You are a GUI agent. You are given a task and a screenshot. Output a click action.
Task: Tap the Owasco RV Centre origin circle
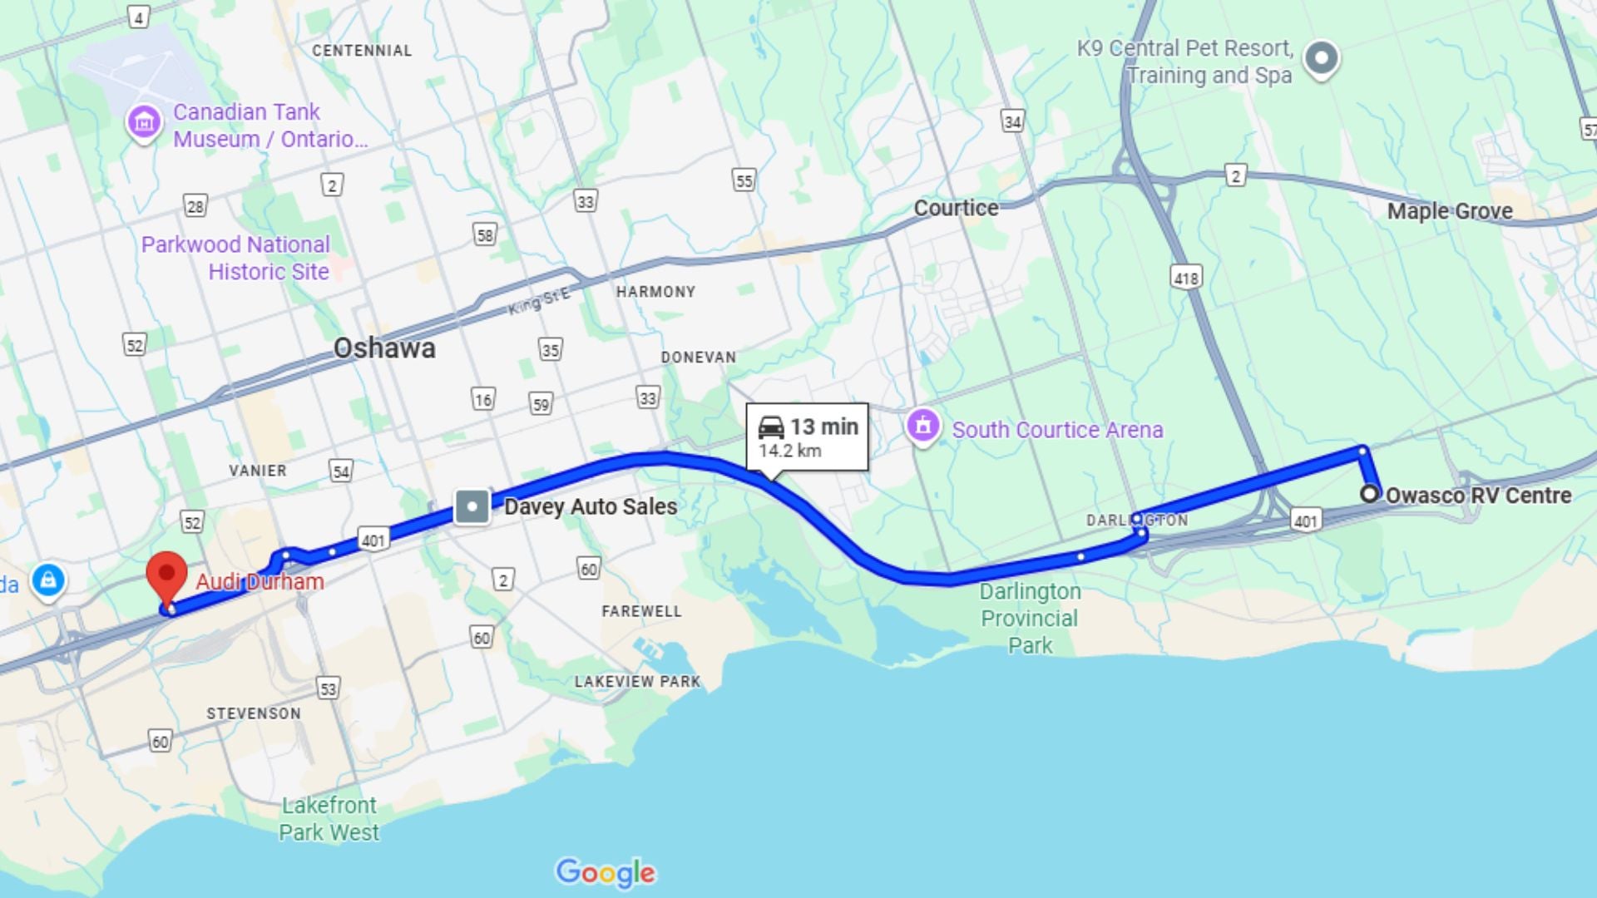click(x=1369, y=494)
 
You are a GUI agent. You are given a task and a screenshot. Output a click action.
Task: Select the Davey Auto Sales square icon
click(x=472, y=506)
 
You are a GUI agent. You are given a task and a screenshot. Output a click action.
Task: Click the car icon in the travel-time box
click(x=771, y=427)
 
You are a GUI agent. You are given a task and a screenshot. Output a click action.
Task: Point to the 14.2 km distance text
click(x=789, y=451)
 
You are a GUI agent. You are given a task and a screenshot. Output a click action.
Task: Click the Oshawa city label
click(x=384, y=348)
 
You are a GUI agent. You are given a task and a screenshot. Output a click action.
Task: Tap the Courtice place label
click(x=956, y=208)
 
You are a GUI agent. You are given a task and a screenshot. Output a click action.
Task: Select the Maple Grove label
click(x=1449, y=211)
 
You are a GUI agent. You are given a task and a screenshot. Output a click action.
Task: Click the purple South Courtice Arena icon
click(x=922, y=426)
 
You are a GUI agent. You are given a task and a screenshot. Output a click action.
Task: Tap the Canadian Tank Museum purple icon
click(x=143, y=122)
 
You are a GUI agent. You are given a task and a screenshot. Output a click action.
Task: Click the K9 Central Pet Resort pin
click(x=1321, y=58)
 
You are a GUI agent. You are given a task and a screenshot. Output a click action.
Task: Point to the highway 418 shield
click(x=1186, y=278)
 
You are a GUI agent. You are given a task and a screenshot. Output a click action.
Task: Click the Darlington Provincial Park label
click(x=1030, y=618)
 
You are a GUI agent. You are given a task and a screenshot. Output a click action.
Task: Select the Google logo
click(x=606, y=872)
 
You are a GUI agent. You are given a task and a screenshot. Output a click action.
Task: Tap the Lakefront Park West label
click(x=329, y=819)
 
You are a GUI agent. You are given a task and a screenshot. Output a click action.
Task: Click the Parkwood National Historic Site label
click(x=235, y=258)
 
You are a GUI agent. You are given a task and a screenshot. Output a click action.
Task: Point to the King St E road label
click(x=540, y=301)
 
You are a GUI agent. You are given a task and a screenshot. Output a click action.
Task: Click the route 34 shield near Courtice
click(x=1012, y=122)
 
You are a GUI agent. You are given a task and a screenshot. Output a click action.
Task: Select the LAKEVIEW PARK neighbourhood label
click(x=637, y=682)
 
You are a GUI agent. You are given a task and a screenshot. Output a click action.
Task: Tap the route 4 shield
click(x=138, y=17)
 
